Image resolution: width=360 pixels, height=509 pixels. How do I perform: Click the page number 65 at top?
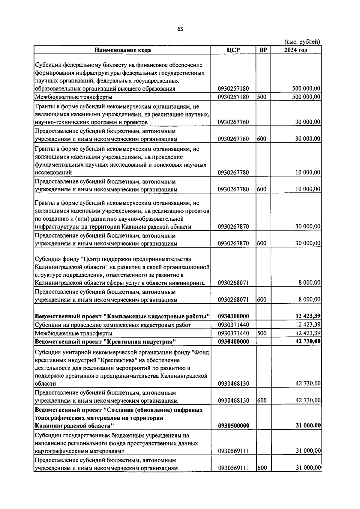[x=180, y=29]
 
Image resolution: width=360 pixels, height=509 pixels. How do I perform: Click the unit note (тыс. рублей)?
[x=302, y=42]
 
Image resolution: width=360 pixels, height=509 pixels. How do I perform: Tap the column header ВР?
[x=263, y=50]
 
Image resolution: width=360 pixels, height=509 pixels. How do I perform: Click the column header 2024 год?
[x=295, y=50]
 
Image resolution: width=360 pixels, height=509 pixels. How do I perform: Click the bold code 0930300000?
[x=233, y=316]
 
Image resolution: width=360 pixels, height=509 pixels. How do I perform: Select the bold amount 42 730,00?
[x=308, y=341]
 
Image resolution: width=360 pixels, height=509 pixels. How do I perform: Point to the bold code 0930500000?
[x=233, y=426]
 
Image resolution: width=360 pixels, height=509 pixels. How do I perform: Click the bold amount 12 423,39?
[x=308, y=316]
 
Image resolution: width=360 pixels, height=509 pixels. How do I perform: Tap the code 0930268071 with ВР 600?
[x=233, y=300]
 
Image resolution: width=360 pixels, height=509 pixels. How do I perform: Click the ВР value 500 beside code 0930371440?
[x=262, y=333]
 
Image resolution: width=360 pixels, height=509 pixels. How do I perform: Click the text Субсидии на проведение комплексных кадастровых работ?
[x=113, y=325]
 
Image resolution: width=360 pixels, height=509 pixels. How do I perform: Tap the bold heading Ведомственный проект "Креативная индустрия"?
[x=105, y=341]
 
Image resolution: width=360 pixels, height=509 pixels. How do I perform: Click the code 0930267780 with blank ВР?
[x=233, y=173]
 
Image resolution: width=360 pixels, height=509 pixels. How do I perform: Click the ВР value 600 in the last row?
[x=262, y=468]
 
